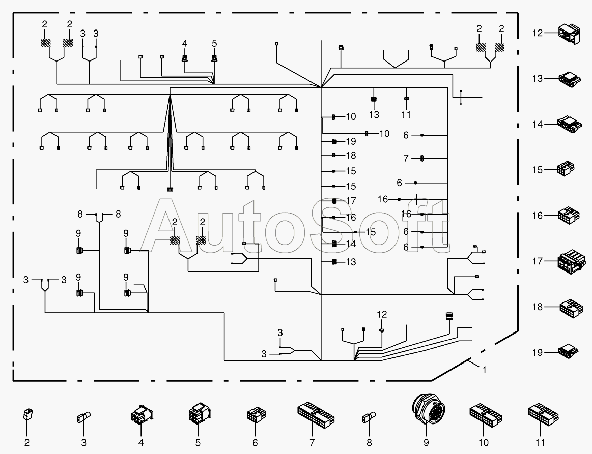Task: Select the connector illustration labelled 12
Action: coord(569,34)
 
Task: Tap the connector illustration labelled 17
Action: coord(571,261)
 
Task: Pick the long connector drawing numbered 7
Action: coord(316,414)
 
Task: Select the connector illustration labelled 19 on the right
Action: coord(569,351)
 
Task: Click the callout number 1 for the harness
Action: coord(485,370)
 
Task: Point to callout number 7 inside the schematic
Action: coord(406,158)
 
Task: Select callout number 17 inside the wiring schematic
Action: coord(351,201)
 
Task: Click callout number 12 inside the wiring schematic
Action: coord(382,314)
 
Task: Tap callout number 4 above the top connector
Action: coord(185,43)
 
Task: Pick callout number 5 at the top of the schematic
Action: coord(214,43)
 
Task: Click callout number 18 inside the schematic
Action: coord(351,155)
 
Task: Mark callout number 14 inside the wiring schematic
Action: coord(351,244)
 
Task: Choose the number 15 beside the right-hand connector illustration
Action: coord(538,170)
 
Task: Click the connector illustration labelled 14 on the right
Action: coord(569,125)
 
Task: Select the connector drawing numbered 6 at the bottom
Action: coord(257,415)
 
